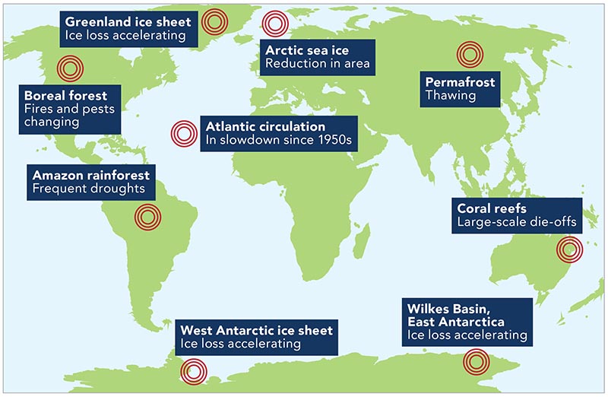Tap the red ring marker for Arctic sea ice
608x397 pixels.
274,25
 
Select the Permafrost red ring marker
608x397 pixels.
469,54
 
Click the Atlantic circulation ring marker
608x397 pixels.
183,134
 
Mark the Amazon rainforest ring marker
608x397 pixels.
147,216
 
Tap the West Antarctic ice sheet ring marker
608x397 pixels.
193,371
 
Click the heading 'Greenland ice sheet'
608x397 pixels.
128,21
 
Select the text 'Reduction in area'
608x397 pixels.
317,64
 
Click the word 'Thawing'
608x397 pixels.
451,96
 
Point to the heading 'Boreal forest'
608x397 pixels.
65,97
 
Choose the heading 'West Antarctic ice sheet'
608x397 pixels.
257,331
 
